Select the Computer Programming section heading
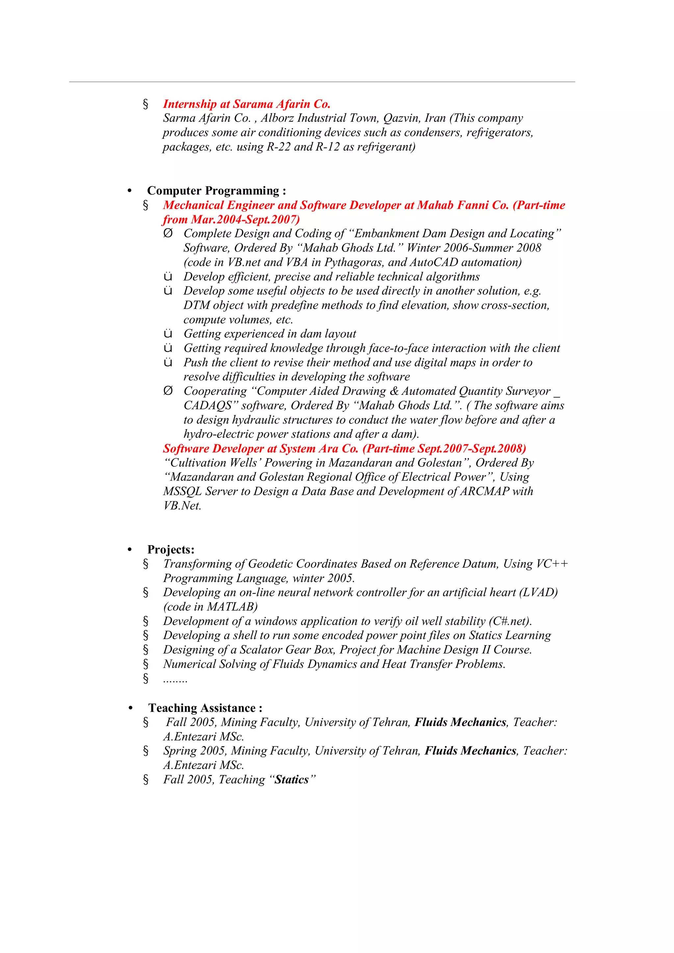(x=216, y=191)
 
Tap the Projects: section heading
(x=170, y=550)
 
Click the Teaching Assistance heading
(x=205, y=708)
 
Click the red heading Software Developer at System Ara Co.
(x=344, y=449)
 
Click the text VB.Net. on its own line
(x=182, y=506)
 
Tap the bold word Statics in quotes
(x=292, y=780)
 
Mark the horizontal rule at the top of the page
(x=322, y=82)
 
